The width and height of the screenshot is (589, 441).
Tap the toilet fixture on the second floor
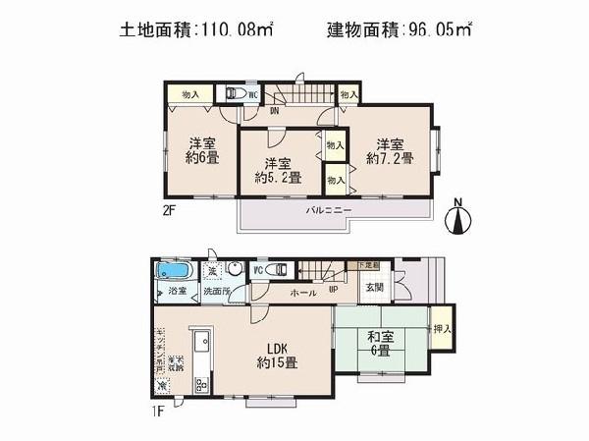click(x=235, y=93)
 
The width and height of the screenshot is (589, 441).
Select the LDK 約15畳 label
click(x=274, y=355)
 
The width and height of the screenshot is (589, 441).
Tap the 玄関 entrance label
click(x=376, y=288)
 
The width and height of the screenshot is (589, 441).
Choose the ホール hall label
click(x=301, y=294)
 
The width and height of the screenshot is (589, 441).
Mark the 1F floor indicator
click(x=157, y=413)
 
